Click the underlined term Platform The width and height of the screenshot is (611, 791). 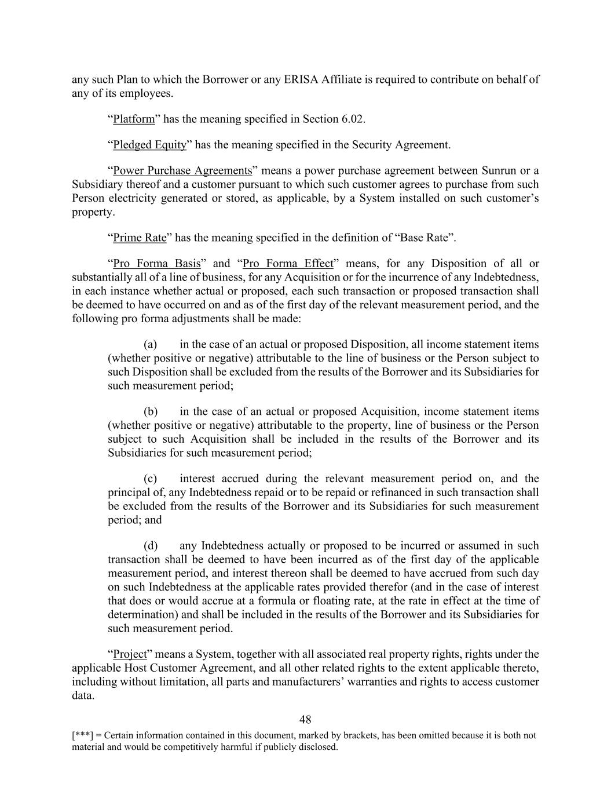[x=134, y=119]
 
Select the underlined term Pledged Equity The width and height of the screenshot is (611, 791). [x=149, y=145]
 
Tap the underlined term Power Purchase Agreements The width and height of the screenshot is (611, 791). [x=182, y=171]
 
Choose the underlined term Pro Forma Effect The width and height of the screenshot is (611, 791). [x=288, y=264]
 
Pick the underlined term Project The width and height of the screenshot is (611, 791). [x=130, y=654]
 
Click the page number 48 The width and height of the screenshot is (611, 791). [x=305, y=720]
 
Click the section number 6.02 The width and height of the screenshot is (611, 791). [x=352, y=119]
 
